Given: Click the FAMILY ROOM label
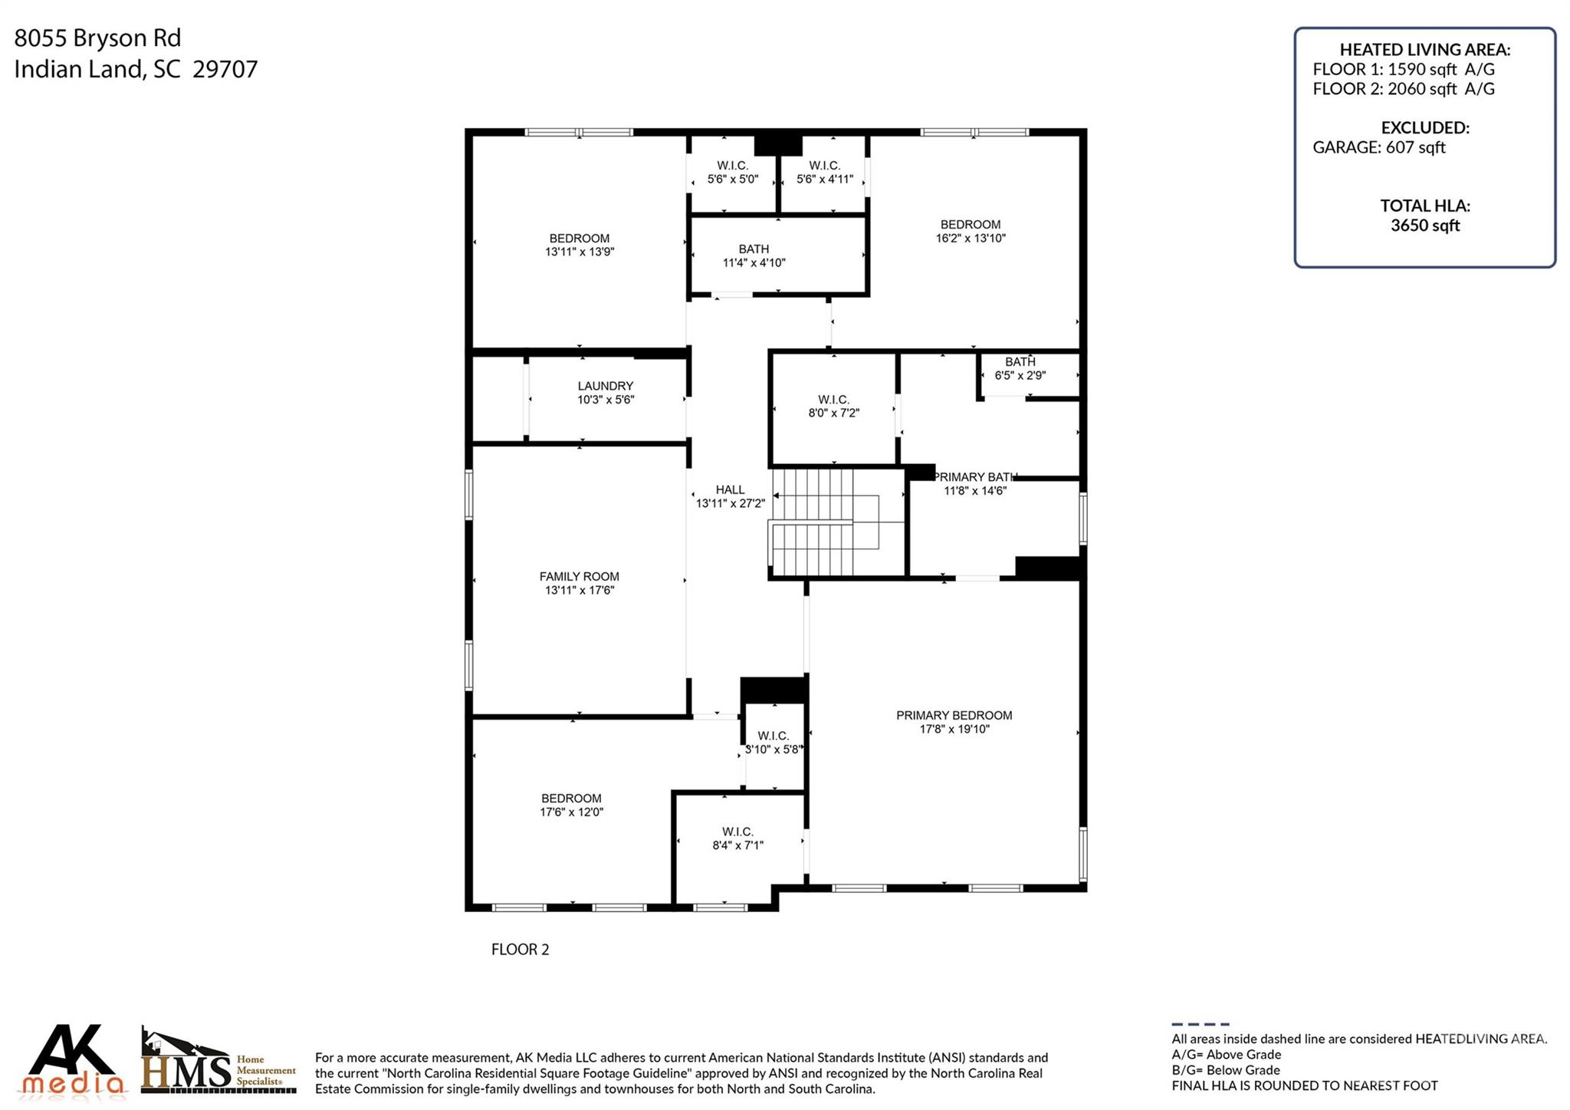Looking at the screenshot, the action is click(x=579, y=576).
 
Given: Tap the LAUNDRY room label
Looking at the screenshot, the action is click(x=606, y=386).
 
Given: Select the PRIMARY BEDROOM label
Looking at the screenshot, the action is click(x=954, y=715).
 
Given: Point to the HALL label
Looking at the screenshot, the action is click(x=730, y=489).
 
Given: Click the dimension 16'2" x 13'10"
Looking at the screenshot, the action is click(x=971, y=238).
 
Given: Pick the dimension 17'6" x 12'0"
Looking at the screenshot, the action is click(x=571, y=812).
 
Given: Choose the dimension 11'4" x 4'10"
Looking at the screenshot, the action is click(x=754, y=262).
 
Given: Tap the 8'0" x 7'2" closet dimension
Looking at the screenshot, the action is click(x=833, y=413).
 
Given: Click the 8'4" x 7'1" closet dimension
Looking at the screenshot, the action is click(x=737, y=845).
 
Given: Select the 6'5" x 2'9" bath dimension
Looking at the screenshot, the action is click(x=1020, y=375).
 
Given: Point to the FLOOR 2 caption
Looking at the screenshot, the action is click(x=520, y=949).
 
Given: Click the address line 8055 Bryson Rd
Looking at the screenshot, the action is click(x=97, y=38).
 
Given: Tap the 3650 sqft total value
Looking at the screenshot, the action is click(x=1425, y=226).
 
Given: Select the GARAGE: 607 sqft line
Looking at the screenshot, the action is click(x=1378, y=147).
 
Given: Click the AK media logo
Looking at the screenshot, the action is click(x=73, y=1059).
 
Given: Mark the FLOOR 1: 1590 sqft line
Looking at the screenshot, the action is click(x=1404, y=69).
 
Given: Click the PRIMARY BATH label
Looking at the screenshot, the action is click(x=974, y=477).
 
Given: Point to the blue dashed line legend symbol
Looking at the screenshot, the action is click(x=1200, y=1024).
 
